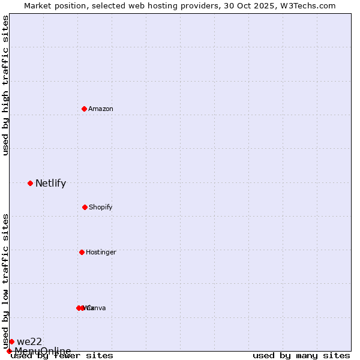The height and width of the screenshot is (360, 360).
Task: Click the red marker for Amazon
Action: (85, 109)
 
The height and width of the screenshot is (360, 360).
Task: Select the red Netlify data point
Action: (30, 183)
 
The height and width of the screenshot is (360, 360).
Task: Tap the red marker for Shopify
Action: (85, 207)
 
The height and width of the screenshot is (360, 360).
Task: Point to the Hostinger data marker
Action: (82, 252)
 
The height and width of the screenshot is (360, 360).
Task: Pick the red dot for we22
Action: (11, 341)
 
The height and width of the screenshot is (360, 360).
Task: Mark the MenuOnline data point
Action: (9, 351)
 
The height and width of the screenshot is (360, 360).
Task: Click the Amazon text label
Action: (101, 109)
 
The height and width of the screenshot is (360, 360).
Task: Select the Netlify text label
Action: (50, 184)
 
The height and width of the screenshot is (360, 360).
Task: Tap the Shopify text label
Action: (101, 207)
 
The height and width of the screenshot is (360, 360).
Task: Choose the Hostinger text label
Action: (101, 252)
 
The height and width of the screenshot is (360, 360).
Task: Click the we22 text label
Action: (29, 342)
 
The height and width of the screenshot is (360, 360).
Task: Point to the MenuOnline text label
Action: (43, 351)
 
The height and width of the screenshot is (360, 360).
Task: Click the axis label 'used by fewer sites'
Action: (62, 356)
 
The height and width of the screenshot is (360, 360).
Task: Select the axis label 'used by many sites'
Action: (301, 356)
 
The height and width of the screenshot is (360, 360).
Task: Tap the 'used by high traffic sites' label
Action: (5, 85)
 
